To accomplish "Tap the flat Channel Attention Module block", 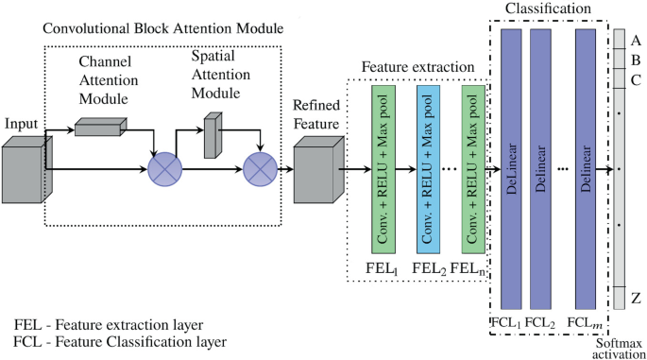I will click(x=102, y=126).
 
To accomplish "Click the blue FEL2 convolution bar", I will click(x=429, y=171).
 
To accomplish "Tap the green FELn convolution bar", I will click(x=472, y=171).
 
